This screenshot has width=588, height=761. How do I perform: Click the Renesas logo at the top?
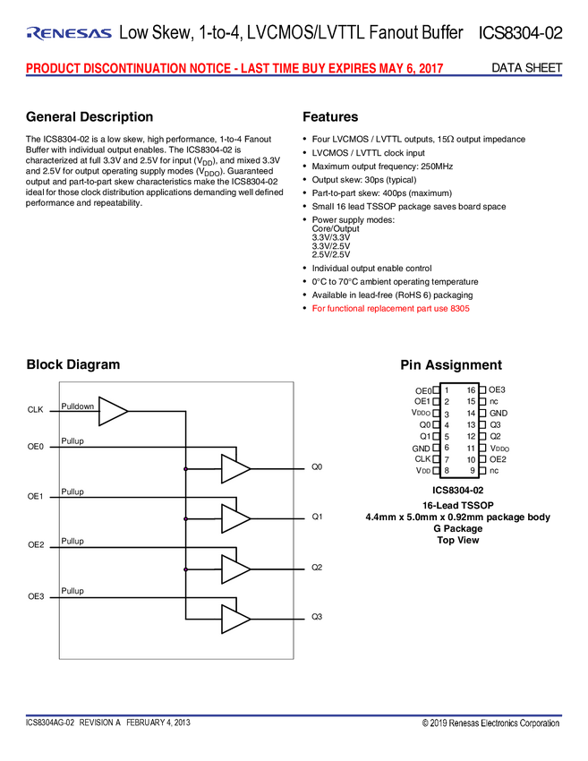click(70, 34)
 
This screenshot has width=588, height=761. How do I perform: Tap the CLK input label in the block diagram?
click(36, 410)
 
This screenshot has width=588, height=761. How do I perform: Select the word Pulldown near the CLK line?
click(78, 406)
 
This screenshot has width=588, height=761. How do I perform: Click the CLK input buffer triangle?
click(111, 411)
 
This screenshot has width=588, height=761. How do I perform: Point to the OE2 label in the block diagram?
click(36, 545)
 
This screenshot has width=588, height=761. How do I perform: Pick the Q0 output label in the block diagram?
click(317, 467)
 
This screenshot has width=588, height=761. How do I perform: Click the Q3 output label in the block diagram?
click(317, 618)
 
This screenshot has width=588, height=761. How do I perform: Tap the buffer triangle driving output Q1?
click(235, 517)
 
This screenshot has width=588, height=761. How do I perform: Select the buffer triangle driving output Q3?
click(235, 619)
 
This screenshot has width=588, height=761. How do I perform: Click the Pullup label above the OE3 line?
click(72, 591)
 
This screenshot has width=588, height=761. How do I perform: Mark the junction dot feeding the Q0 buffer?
click(185, 468)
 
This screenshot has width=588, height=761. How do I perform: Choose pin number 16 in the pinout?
click(471, 390)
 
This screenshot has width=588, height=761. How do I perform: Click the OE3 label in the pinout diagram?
click(498, 390)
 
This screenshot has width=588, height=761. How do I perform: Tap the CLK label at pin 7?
click(422, 458)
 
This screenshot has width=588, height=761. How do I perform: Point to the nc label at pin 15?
click(494, 402)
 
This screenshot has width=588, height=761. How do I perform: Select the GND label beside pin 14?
click(499, 414)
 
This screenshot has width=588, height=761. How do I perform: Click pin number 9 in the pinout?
click(471, 470)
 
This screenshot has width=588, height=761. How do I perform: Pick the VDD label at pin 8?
click(423, 471)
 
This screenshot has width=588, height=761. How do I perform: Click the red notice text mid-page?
click(392, 309)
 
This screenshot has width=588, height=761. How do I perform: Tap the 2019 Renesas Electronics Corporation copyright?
click(490, 723)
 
